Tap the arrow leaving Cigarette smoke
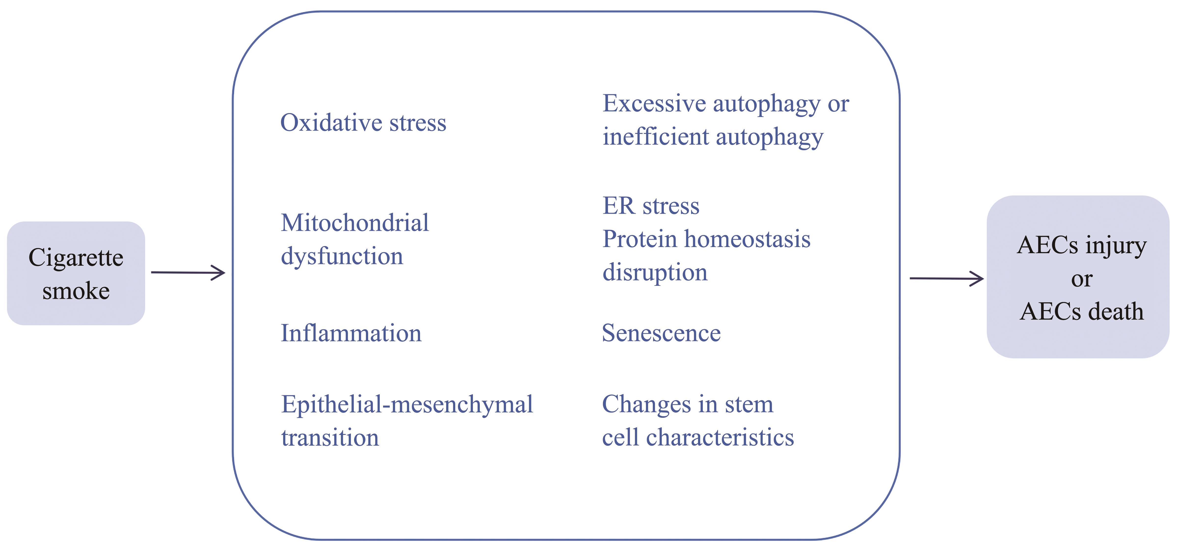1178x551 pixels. click(x=188, y=273)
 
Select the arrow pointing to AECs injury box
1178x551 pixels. click(x=947, y=278)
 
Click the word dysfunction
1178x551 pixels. click(x=342, y=256)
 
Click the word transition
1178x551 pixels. click(x=330, y=438)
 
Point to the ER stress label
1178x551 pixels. click(x=651, y=206)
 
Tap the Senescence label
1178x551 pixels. click(x=661, y=333)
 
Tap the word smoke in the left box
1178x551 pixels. click(x=76, y=291)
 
